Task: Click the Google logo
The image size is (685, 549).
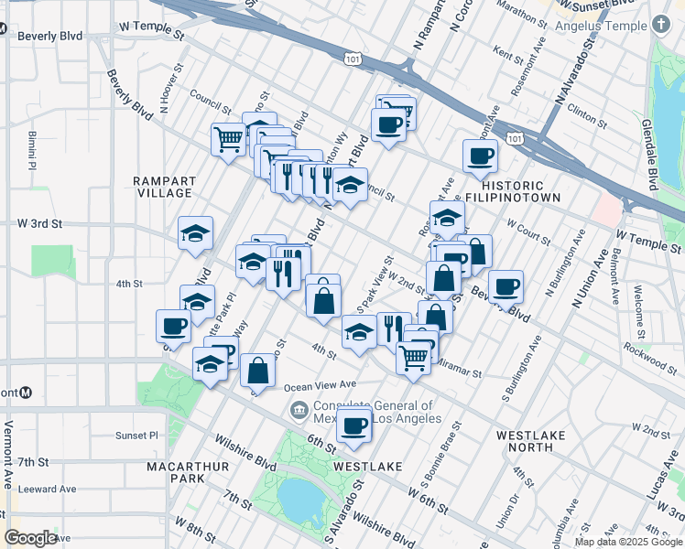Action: tap(31, 538)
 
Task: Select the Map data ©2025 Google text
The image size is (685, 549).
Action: tap(628, 542)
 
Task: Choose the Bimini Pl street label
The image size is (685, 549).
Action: tap(30, 151)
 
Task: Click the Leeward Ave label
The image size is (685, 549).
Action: tap(47, 489)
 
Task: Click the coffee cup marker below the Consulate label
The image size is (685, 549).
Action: tap(354, 425)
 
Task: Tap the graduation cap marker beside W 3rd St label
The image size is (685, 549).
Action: tap(195, 234)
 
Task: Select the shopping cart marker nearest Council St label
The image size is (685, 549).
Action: tap(228, 140)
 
